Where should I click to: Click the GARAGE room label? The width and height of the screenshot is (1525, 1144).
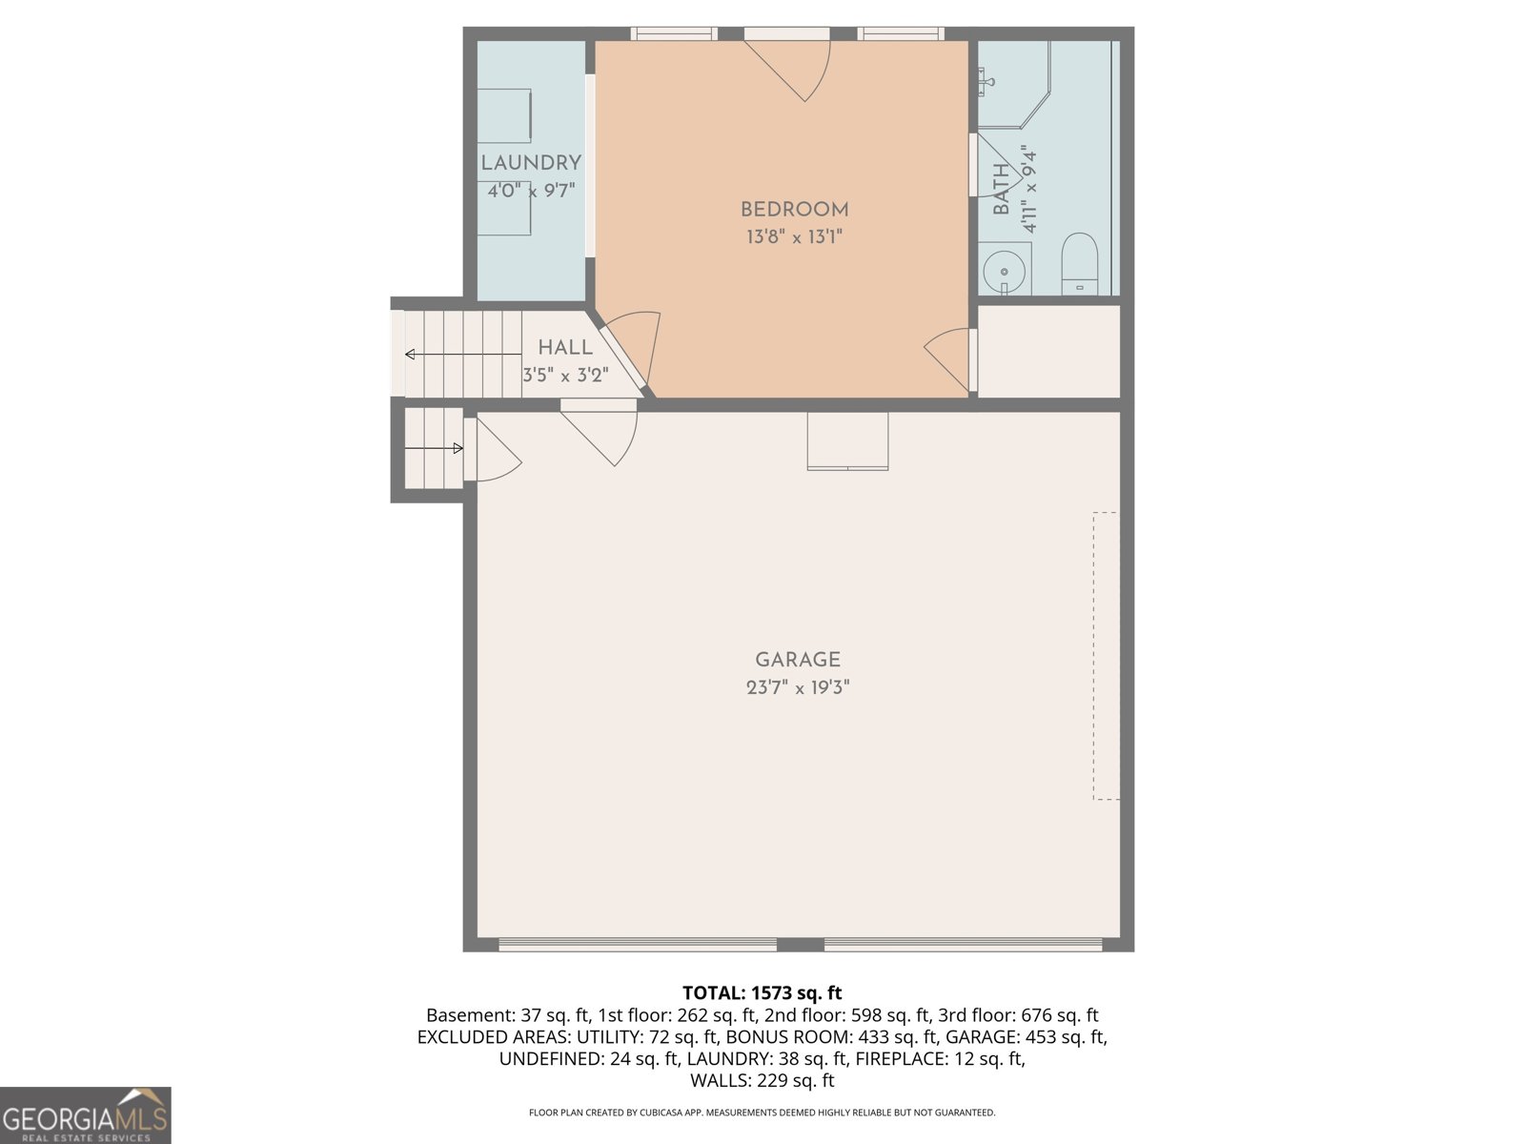(x=797, y=660)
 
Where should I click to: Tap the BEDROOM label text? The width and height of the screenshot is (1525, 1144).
(x=794, y=210)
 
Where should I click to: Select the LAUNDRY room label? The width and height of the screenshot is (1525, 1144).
(x=531, y=163)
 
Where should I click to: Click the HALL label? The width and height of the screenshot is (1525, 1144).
(x=565, y=348)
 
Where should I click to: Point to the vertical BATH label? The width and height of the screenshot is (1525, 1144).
(x=1001, y=189)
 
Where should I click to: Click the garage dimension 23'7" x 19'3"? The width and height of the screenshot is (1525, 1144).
(x=797, y=687)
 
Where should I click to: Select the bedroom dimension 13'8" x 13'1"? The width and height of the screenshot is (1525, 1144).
(x=794, y=236)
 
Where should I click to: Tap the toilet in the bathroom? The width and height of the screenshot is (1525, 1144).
(x=1080, y=262)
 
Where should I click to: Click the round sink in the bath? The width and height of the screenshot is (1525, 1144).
(x=1005, y=271)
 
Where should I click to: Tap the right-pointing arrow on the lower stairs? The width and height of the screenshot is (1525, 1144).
(x=435, y=448)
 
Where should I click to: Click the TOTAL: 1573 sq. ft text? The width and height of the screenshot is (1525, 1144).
(x=762, y=993)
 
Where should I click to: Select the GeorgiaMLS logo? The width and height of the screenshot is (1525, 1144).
(x=85, y=1115)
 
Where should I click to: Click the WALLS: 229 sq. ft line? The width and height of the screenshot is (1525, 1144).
(x=762, y=1080)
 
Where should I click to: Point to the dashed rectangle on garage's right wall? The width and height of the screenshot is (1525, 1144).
(x=1105, y=656)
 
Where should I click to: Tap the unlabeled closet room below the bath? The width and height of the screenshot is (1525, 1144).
(x=1048, y=351)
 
